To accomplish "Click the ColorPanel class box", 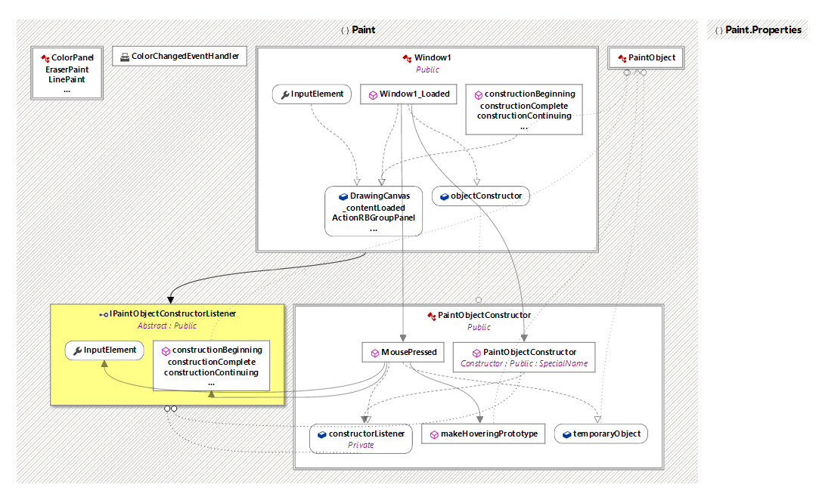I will (x=67, y=73).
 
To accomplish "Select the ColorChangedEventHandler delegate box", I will (x=180, y=57).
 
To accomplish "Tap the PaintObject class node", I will (x=647, y=58).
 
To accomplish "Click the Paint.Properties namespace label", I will (x=758, y=30).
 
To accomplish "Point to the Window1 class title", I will (x=433, y=58).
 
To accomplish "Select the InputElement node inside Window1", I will (x=312, y=94).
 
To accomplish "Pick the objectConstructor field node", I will (x=480, y=196).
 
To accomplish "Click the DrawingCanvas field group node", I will (x=374, y=211).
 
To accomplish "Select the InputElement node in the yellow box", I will (x=104, y=350).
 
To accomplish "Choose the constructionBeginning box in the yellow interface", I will (x=211, y=366).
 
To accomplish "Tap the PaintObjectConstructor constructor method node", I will (x=523, y=357).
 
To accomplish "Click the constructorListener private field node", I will (x=361, y=439).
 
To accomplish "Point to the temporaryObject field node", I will (x=601, y=434).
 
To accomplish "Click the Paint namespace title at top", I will (x=358, y=30).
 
